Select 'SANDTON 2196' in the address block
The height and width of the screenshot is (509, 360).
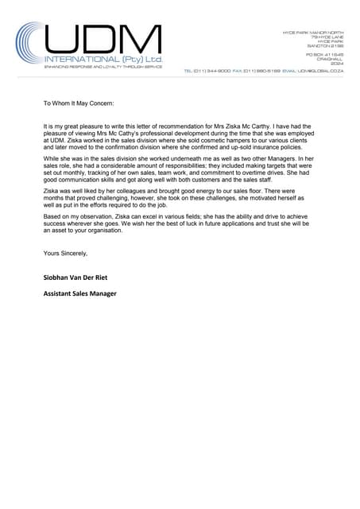325,46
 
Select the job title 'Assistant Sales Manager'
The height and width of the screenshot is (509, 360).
80,293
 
